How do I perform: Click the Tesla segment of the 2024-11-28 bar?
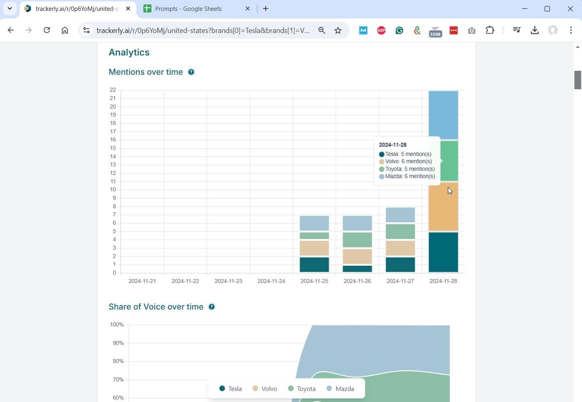(443, 252)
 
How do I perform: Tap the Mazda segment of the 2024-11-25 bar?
(314, 223)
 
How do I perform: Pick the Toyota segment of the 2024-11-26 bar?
(357, 240)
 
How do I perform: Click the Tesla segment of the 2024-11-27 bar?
(400, 265)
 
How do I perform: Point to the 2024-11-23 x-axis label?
(228, 281)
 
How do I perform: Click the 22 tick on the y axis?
(112, 90)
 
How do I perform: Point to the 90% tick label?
(118, 343)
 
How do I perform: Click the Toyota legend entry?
(302, 389)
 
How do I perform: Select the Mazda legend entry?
(340, 389)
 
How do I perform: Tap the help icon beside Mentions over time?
(191, 72)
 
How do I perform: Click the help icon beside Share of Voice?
(212, 307)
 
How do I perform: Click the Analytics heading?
(129, 53)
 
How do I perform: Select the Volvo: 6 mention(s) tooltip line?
(408, 162)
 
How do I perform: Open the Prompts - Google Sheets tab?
(188, 9)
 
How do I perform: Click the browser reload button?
(47, 30)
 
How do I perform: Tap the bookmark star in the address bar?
(338, 30)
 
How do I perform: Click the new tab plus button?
(265, 9)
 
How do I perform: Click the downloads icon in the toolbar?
(535, 30)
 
